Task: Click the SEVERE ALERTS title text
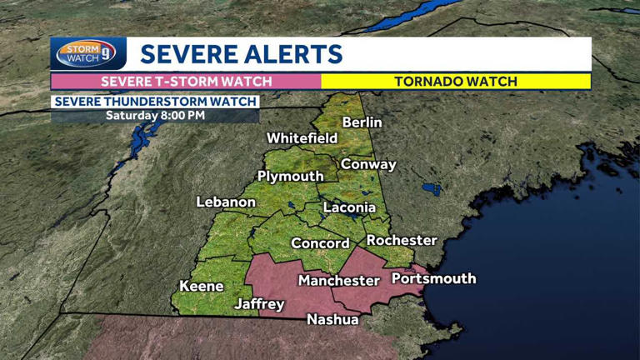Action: click(242, 54)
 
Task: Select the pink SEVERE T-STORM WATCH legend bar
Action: click(186, 82)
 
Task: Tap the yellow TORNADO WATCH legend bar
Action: click(456, 82)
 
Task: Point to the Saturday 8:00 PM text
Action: click(155, 115)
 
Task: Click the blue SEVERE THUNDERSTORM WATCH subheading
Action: click(155, 102)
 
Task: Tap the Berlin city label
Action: click(362, 122)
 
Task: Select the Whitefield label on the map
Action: click(302, 137)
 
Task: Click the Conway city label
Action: click(368, 164)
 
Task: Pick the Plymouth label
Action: click(290, 177)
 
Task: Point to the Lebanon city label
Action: click(226, 202)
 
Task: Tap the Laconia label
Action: click(349, 206)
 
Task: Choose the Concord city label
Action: click(320, 243)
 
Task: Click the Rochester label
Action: click(402, 240)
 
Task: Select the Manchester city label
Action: click(339, 280)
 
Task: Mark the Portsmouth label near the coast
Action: click(433, 278)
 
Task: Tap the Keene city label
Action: click(202, 286)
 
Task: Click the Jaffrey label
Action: click(259, 304)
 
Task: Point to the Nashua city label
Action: click(332, 319)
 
